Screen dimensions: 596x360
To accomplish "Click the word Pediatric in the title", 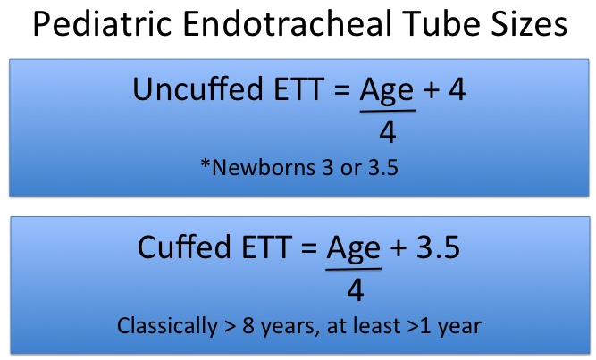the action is pyautogui.click(x=102, y=23).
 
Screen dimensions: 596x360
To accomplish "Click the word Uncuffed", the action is pyautogui.click(x=197, y=88).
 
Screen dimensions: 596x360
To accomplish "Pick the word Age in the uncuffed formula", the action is pyautogui.click(x=387, y=92).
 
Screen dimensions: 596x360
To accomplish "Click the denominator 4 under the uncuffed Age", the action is pyautogui.click(x=388, y=132).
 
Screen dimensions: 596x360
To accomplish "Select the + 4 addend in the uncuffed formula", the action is pyautogui.click(x=445, y=89).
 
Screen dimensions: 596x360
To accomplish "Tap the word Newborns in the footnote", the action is pyautogui.click(x=264, y=167).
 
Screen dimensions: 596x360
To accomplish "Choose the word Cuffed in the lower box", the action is pyautogui.click(x=184, y=247).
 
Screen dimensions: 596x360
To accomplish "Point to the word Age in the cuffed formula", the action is pyautogui.click(x=354, y=250).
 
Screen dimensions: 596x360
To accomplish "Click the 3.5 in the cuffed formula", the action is pyautogui.click(x=438, y=247).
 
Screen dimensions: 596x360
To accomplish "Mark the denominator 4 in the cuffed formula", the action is pyautogui.click(x=356, y=290).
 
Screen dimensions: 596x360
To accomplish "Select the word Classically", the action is pyautogui.click(x=167, y=327).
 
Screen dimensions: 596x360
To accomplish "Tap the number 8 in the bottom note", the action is pyautogui.click(x=248, y=326).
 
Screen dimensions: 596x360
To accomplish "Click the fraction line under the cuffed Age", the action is pyautogui.click(x=354, y=270).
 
